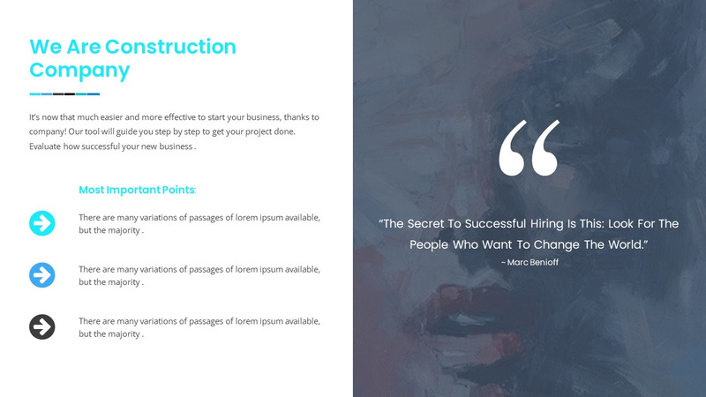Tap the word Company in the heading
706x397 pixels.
point(79,71)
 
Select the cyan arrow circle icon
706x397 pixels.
point(41,223)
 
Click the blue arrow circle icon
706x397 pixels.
point(41,274)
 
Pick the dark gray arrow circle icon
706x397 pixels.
point(41,327)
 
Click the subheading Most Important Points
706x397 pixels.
point(137,190)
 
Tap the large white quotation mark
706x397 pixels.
point(529,148)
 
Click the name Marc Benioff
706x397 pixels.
point(533,262)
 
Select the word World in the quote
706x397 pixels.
point(623,243)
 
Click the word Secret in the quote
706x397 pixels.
point(436,224)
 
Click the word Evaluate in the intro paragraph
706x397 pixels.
point(47,146)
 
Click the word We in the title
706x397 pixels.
point(44,47)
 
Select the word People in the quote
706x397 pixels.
point(430,243)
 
